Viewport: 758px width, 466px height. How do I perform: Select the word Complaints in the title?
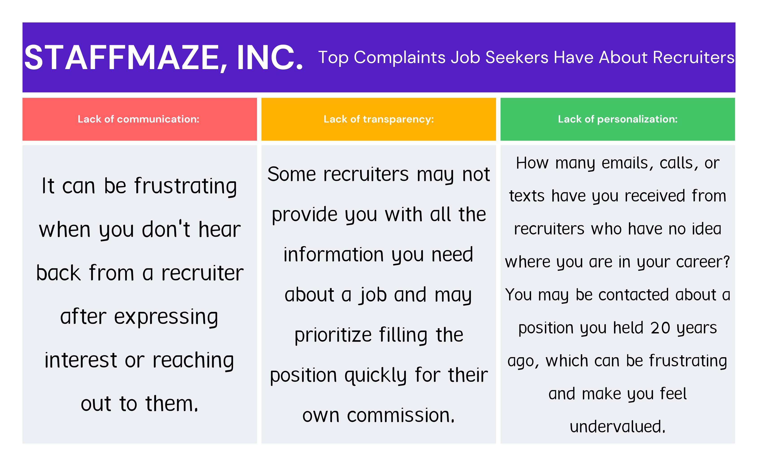pos(399,58)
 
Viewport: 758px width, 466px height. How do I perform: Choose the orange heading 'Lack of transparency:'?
pos(379,119)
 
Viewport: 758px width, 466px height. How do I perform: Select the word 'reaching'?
pos(193,361)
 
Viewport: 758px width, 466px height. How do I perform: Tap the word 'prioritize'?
pos(333,335)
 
